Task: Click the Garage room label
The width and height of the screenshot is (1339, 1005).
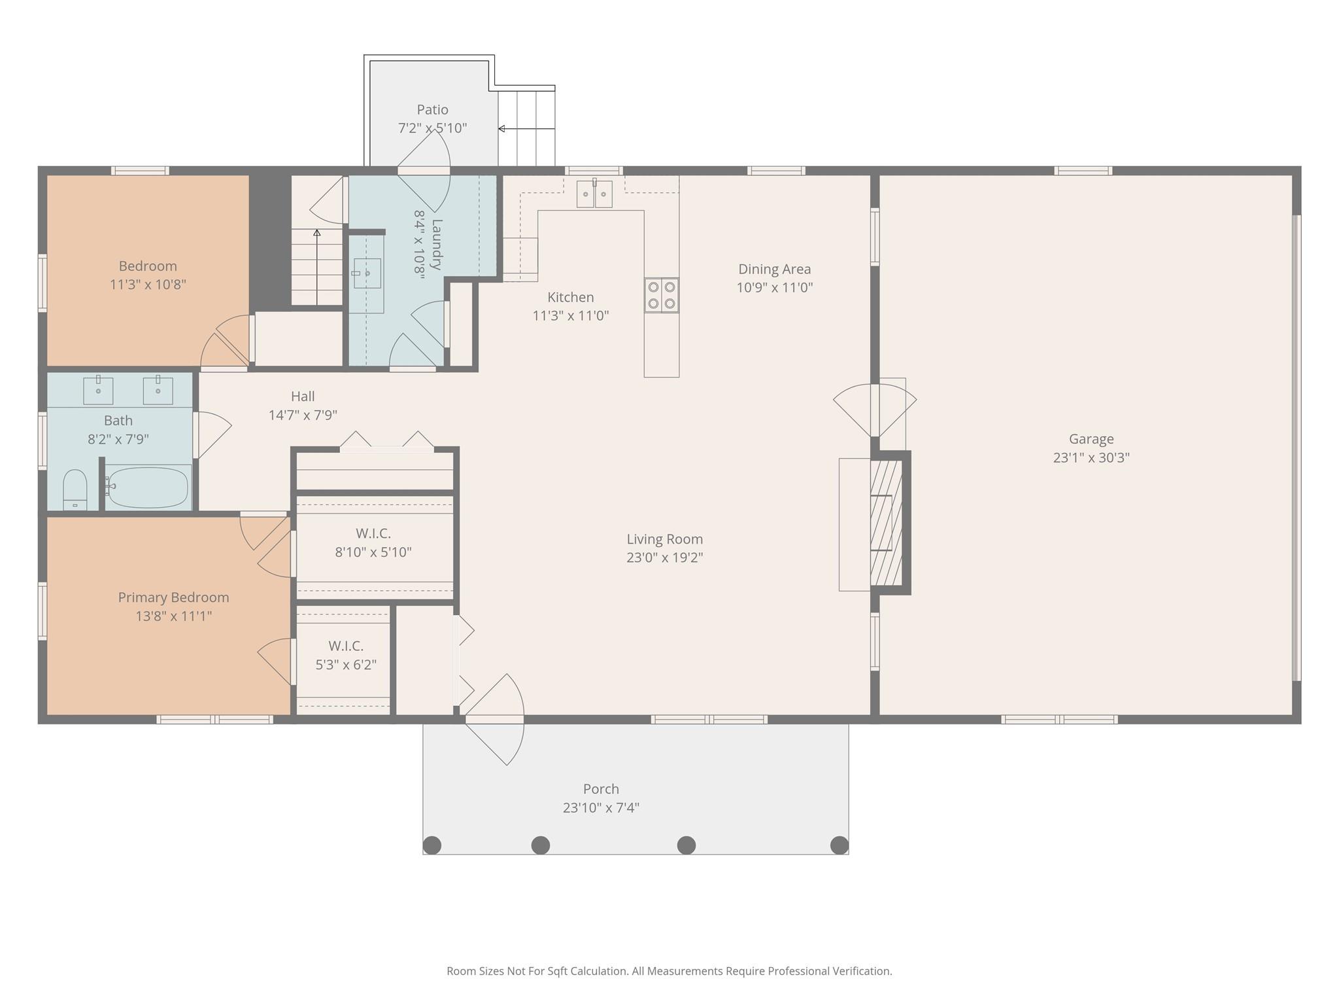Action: [1091, 439]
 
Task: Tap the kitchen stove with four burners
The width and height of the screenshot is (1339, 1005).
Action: [661, 295]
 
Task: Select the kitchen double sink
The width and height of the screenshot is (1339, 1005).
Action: [594, 194]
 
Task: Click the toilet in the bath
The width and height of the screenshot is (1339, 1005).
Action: [75, 489]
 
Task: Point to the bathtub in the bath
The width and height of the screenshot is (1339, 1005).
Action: [147, 487]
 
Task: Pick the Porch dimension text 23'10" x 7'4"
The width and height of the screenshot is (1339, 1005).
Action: [601, 807]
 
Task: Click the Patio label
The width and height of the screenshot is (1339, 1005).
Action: [433, 109]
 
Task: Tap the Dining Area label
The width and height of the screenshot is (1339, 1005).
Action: [775, 269]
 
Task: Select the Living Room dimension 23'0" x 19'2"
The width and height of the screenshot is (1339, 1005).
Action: [665, 557]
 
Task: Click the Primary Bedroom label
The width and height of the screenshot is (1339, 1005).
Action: [173, 597]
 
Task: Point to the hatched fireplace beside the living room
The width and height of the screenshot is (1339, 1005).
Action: [886, 523]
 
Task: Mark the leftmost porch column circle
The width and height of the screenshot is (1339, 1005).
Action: [432, 845]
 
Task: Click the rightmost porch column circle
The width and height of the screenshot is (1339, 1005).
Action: [839, 845]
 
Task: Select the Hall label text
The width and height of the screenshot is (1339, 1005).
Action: [303, 396]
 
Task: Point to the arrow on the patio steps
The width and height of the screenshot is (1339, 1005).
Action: [526, 129]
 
